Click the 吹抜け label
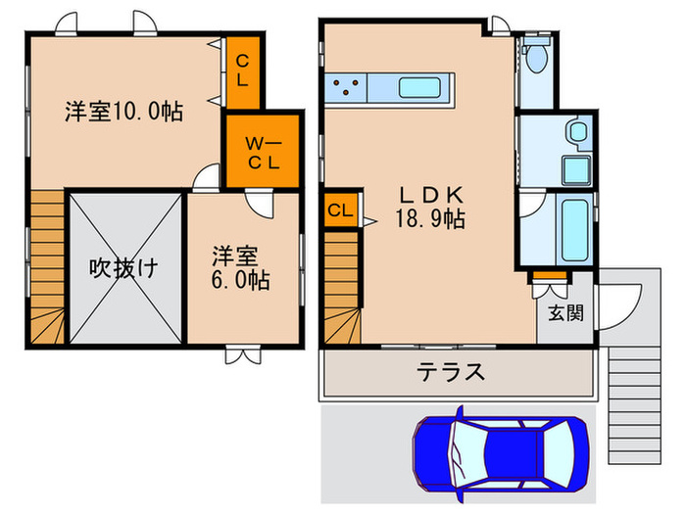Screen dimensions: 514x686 pyautogui.click(x=123, y=267)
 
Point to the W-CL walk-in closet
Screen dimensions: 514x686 pyautogui.click(x=263, y=152)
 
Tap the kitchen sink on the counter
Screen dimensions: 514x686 pyautogui.click(x=424, y=87)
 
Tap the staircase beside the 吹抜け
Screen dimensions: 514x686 pyautogui.click(x=46, y=267)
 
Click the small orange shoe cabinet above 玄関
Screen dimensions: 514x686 pyautogui.click(x=550, y=276)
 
